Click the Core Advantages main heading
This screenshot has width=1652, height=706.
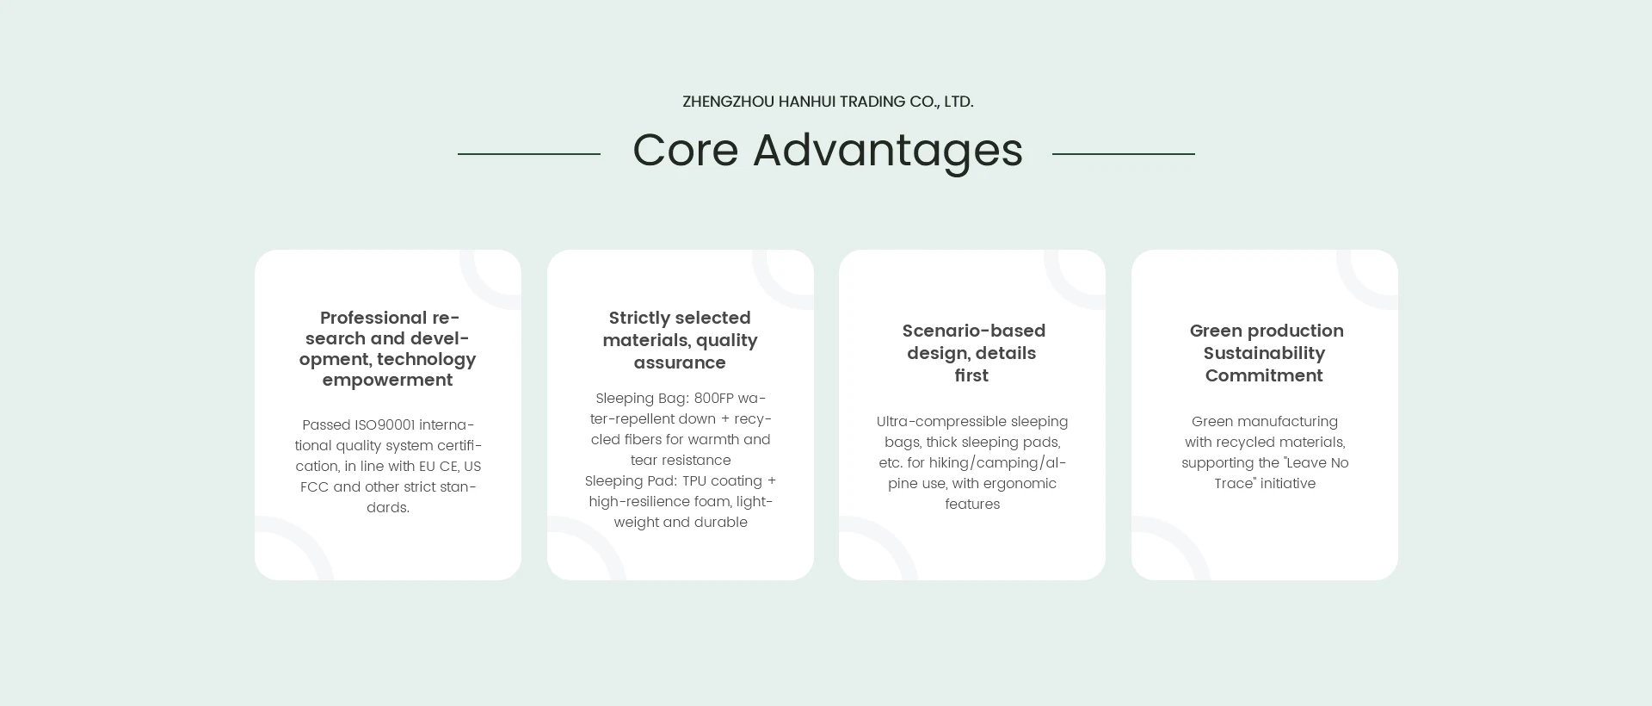pos(828,151)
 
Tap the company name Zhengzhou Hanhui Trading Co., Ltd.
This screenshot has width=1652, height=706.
pos(828,102)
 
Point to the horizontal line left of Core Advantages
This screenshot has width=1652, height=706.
pos(529,154)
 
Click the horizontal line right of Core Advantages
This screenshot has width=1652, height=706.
pos(1124,154)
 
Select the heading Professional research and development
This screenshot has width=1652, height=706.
pos(388,349)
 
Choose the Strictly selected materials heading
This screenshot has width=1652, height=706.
pos(680,340)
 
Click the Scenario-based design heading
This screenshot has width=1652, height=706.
pos(973,353)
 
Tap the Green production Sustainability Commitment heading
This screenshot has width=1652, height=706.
pos(1266,353)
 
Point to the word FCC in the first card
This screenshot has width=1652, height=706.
pos(315,487)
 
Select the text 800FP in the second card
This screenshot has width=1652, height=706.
pos(713,399)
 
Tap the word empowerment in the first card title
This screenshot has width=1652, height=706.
pos(388,381)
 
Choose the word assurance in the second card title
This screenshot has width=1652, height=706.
pos(680,362)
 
